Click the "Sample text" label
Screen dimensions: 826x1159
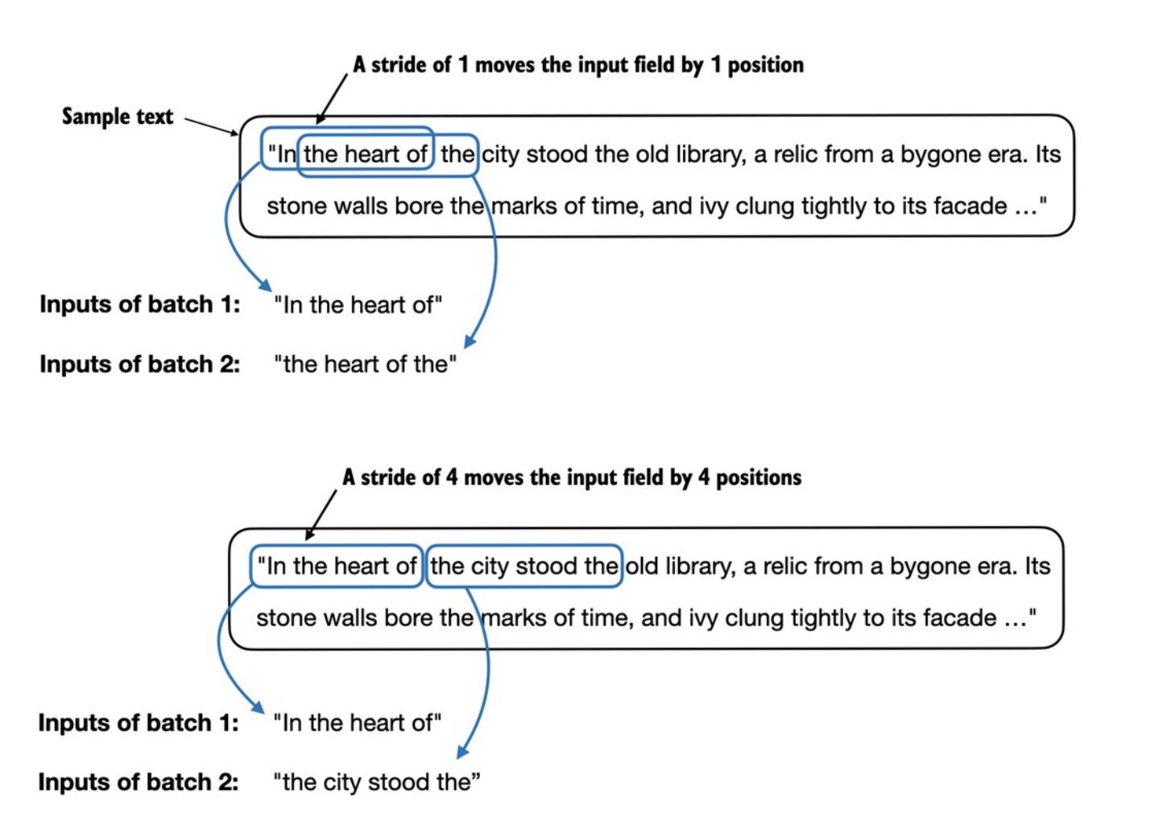click(118, 117)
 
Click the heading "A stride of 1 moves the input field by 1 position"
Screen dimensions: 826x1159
click(577, 65)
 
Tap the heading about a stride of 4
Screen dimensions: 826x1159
click(571, 477)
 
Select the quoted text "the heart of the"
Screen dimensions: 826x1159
click(365, 365)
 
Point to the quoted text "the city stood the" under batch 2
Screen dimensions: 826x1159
click(376, 782)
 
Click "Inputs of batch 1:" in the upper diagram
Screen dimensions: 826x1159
click(140, 304)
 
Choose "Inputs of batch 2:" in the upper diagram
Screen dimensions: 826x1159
click(140, 365)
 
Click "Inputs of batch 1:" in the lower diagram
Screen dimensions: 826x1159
click(139, 723)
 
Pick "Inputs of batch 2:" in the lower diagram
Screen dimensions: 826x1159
click(139, 782)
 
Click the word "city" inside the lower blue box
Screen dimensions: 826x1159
click(490, 567)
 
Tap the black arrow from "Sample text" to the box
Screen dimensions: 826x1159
click(211, 126)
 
